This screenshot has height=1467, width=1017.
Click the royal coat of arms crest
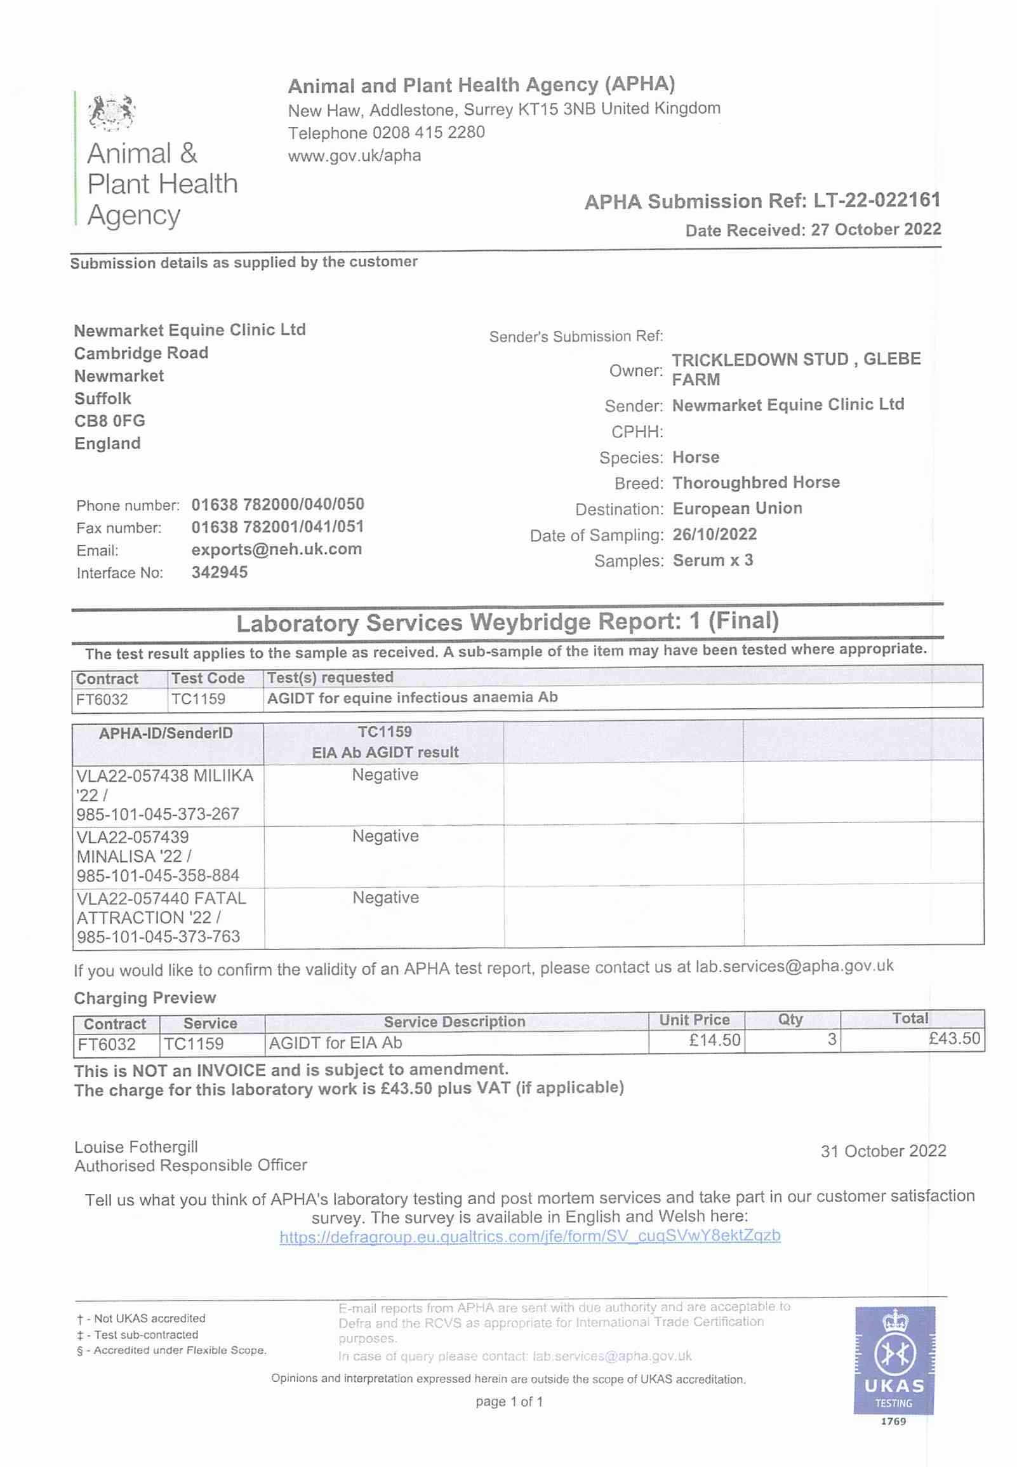click(112, 112)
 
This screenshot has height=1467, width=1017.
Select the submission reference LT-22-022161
click(876, 201)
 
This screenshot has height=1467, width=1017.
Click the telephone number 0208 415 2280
click(429, 133)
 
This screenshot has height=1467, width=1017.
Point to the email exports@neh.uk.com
click(277, 549)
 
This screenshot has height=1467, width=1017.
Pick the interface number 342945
click(220, 572)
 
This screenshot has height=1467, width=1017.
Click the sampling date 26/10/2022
click(714, 534)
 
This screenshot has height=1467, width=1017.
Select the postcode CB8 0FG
click(110, 420)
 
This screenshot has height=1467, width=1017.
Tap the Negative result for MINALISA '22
click(385, 836)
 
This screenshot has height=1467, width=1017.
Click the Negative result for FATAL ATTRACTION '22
click(385, 897)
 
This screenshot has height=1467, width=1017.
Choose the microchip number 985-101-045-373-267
click(157, 814)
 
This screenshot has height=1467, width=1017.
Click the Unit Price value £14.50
click(714, 1040)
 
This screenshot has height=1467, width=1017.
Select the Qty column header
click(790, 1019)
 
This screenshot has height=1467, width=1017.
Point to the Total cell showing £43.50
click(954, 1038)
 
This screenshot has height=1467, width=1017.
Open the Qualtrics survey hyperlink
click(529, 1236)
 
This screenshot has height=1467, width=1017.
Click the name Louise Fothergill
click(136, 1146)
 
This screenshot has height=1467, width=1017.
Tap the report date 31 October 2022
click(883, 1150)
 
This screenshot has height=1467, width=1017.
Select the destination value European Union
click(737, 508)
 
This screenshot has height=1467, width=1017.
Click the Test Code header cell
click(208, 678)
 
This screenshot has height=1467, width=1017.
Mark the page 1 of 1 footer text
click(508, 1402)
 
